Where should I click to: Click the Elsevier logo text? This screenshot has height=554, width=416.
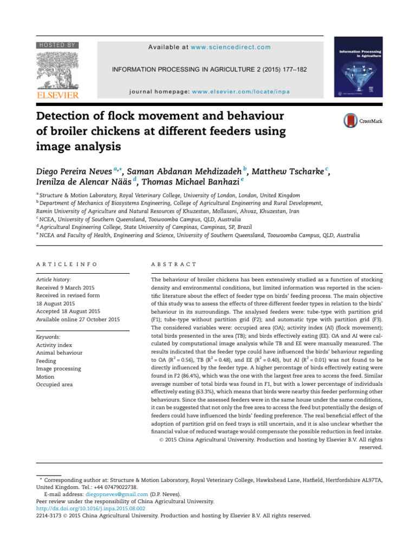(57, 95)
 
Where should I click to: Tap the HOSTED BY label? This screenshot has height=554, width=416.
(57, 45)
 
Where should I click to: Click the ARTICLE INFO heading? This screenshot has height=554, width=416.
(67, 264)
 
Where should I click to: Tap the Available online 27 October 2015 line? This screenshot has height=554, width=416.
(77, 319)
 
